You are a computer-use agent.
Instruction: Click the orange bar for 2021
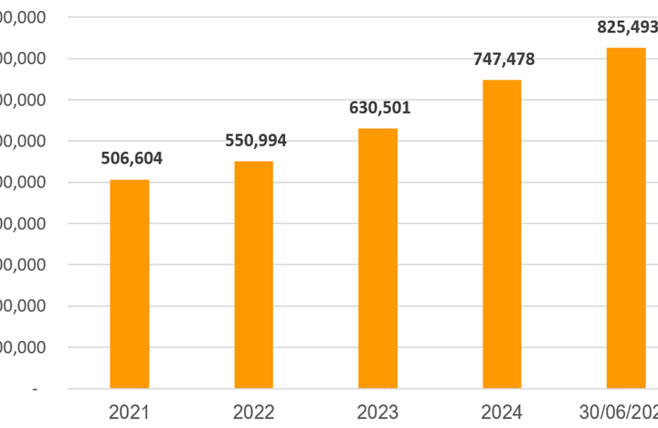(129, 284)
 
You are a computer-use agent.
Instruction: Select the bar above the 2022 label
(253, 274)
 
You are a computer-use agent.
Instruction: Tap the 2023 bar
(377, 258)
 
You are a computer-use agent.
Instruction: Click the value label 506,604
(131, 158)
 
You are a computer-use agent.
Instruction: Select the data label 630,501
(379, 108)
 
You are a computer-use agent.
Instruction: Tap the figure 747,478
(504, 59)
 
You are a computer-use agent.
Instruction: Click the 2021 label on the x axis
(129, 412)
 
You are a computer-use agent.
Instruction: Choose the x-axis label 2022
(253, 412)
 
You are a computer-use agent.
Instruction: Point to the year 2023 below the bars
(377, 412)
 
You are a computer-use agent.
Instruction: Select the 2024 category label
(502, 412)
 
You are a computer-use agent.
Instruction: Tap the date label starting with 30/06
(621, 412)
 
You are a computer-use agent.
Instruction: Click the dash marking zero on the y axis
(35, 390)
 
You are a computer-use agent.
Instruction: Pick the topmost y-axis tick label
(26, 18)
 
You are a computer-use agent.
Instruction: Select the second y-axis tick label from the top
(26, 59)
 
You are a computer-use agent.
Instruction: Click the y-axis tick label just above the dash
(26, 348)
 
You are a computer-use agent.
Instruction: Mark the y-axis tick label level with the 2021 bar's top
(26, 183)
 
